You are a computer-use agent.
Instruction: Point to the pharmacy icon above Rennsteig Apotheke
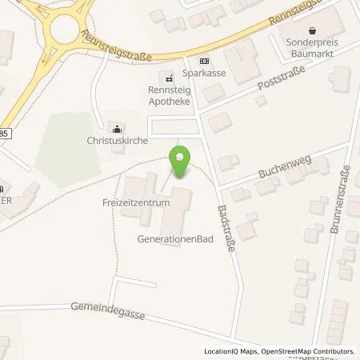(168, 78)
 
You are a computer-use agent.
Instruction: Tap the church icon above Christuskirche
(118, 126)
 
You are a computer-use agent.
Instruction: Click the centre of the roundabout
(62, 30)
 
